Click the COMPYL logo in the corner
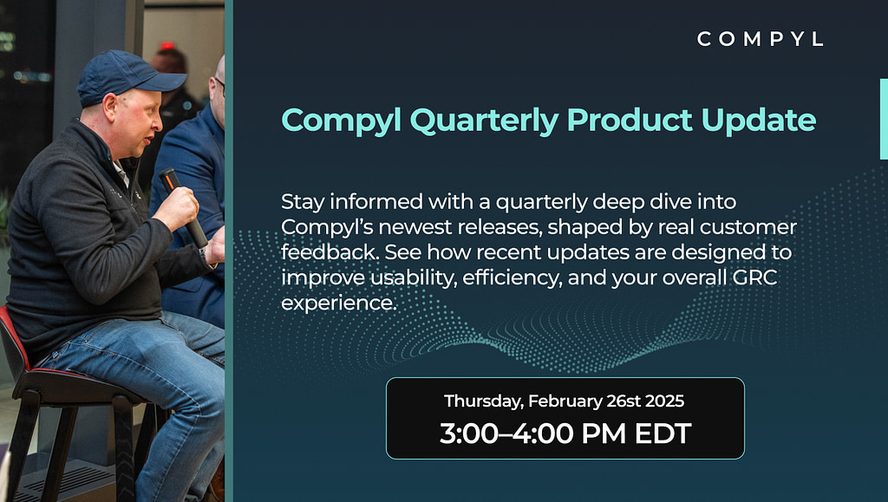coord(760,39)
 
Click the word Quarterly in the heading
coord(484,121)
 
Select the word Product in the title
coord(630,120)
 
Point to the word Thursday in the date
coord(484,401)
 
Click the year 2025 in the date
coord(664,401)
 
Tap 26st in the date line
coord(623,401)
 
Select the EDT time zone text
coord(663,434)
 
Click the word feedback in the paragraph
coord(330,251)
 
